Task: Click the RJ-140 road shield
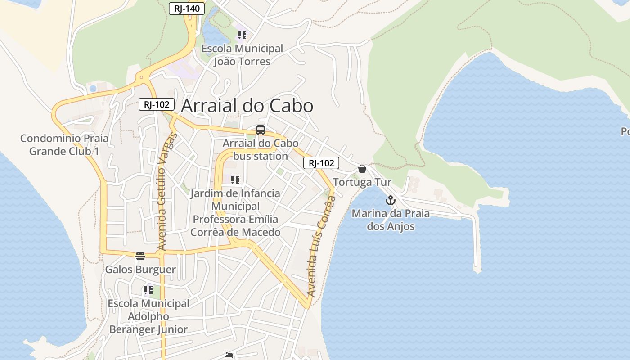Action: coord(187,8)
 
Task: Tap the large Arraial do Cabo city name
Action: coord(247,106)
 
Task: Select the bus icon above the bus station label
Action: coord(260,130)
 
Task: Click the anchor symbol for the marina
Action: coord(390,200)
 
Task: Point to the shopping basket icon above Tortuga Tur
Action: coord(362,169)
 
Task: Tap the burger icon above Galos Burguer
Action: coord(140,256)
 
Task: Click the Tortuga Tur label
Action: coord(362,182)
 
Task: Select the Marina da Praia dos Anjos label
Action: coord(391,220)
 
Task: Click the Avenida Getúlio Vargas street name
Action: coord(165,192)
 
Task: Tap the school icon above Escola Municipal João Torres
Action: coord(242,35)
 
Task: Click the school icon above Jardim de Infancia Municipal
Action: coord(235,180)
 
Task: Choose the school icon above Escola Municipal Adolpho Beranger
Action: coord(148,290)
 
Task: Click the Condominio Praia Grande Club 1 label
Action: coord(64,144)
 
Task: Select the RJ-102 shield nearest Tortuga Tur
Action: coord(321,163)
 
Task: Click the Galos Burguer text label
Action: coord(140,270)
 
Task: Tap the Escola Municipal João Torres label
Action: coord(242,55)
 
